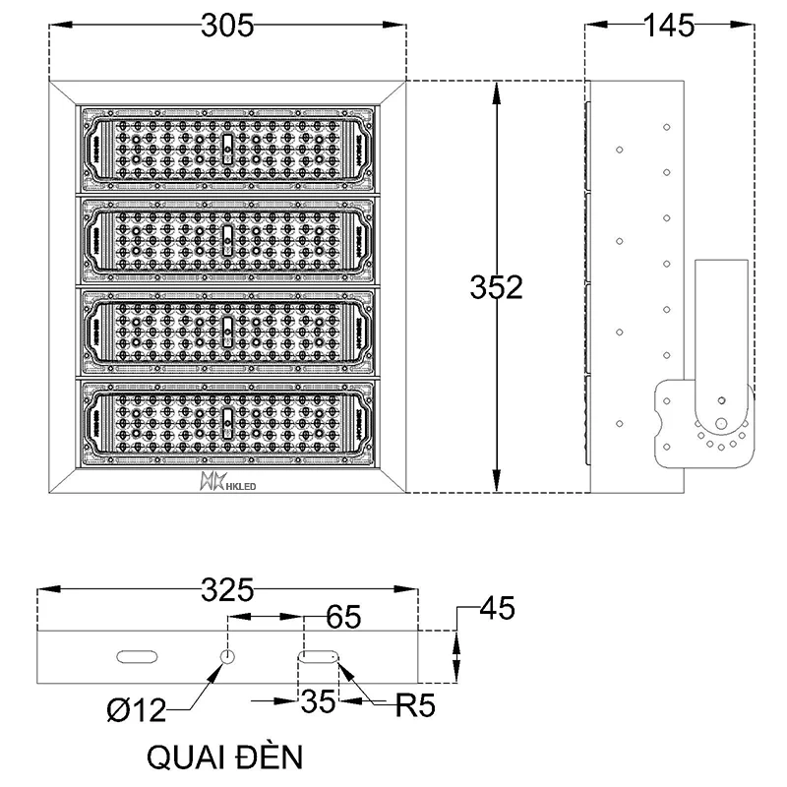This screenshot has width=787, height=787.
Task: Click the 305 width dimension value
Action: coord(226,27)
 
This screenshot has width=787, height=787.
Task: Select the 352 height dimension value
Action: coord(495,287)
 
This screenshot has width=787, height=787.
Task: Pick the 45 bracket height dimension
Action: coord(495,609)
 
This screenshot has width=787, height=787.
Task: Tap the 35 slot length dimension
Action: coord(318,702)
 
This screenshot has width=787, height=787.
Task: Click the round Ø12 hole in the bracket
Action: coord(227,656)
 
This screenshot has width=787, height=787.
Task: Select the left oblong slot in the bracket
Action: coord(137,656)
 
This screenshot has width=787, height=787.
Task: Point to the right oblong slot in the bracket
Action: coord(318,656)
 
